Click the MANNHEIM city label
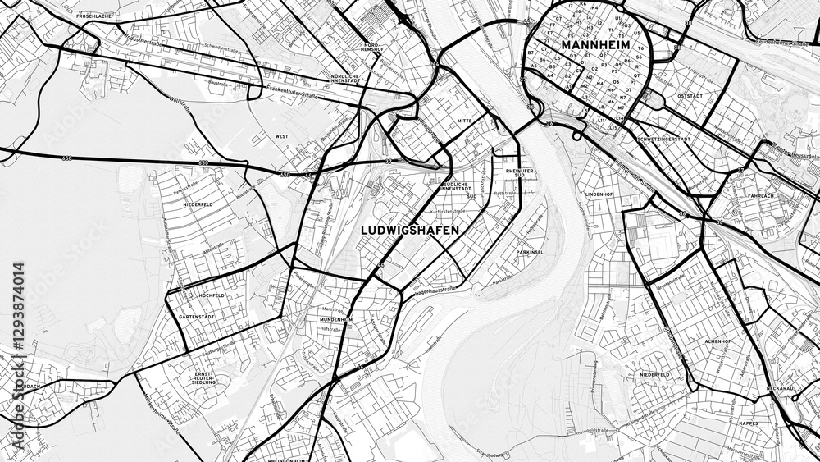coord(595,44)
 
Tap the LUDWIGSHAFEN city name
coord(410,231)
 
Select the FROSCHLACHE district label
coord(92,16)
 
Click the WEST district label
coord(281,136)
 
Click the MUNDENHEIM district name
coord(336,319)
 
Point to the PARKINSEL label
coord(531,252)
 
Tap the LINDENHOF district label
coord(599,194)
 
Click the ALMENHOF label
coord(717,340)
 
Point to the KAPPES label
coord(749,424)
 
